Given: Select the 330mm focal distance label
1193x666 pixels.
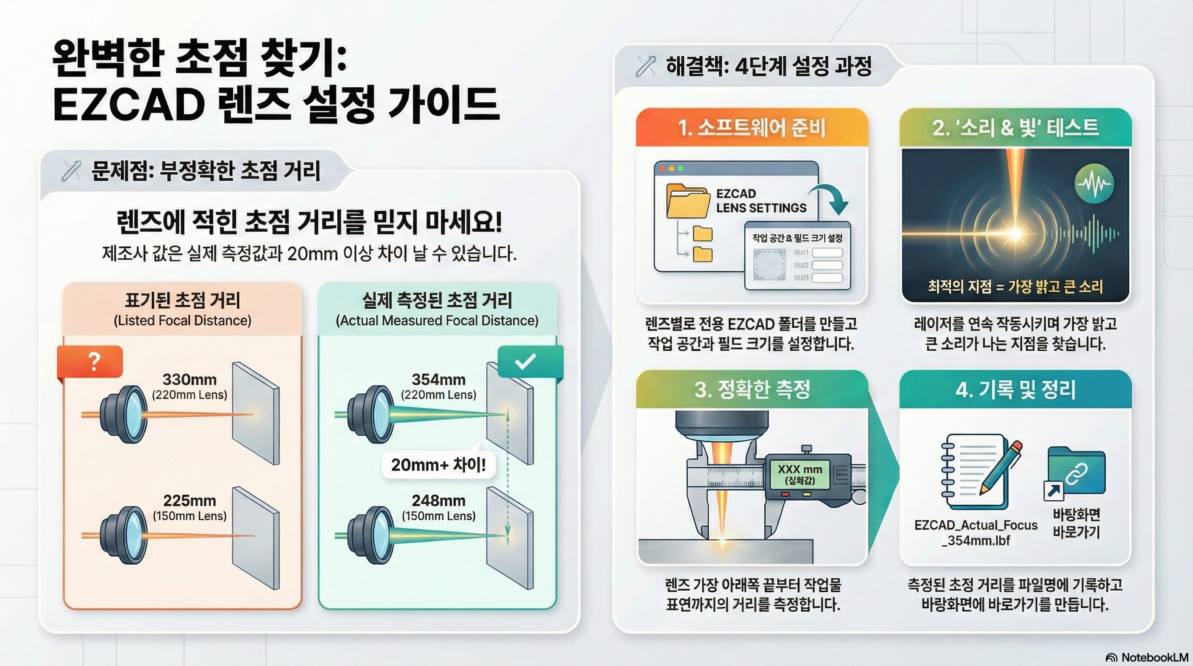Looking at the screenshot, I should tap(189, 380).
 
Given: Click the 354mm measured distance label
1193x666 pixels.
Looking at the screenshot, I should tap(439, 380).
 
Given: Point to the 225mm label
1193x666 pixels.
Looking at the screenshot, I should tap(189, 501).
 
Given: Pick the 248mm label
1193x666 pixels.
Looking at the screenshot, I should tap(439, 501).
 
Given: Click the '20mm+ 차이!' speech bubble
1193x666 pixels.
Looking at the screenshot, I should tap(438, 464).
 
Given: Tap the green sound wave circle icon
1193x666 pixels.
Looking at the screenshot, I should tap(1094, 183).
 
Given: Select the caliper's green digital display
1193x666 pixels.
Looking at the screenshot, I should tap(800, 474).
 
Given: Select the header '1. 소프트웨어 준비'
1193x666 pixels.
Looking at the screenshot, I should tap(752, 128).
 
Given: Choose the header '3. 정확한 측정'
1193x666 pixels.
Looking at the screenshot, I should tap(752, 389).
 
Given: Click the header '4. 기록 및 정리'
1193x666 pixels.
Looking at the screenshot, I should tap(1015, 389).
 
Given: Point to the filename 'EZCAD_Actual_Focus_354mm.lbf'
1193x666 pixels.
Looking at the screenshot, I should tap(976, 532).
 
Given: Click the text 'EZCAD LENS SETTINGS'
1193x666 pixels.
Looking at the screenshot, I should tap(761, 201).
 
